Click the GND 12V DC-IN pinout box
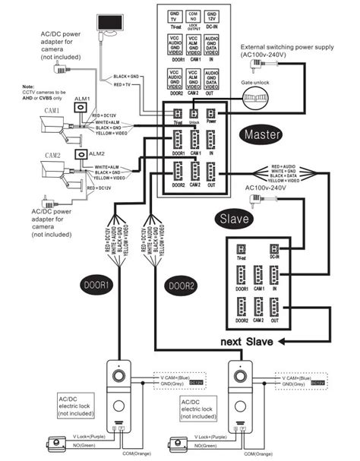[x=212, y=17]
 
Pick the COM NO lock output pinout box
[x=193, y=17]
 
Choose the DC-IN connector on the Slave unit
[x=275, y=251]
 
